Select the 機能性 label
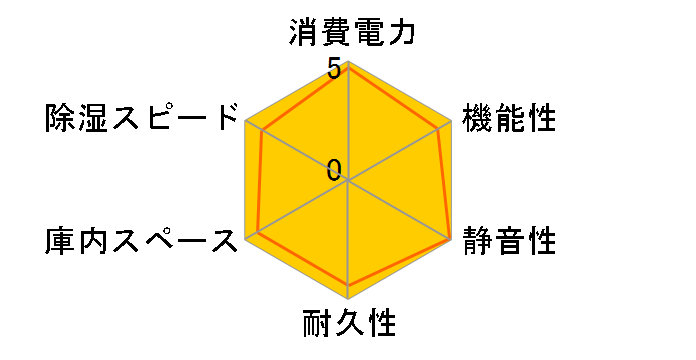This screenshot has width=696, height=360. pyautogui.click(x=508, y=119)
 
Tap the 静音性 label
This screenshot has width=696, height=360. pyautogui.click(x=508, y=241)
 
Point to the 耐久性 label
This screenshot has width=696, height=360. pyautogui.click(x=348, y=324)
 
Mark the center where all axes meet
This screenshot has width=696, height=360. pyautogui.click(x=348, y=180)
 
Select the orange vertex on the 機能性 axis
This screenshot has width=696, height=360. pyautogui.click(x=439, y=128)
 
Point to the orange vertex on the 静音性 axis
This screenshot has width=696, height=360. pyautogui.click(x=449, y=238)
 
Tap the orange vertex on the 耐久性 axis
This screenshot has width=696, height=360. pyautogui.click(x=348, y=285)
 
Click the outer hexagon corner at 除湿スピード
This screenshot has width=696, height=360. pyautogui.click(x=246, y=121)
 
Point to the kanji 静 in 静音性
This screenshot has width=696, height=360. pyautogui.click(x=477, y=241)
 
